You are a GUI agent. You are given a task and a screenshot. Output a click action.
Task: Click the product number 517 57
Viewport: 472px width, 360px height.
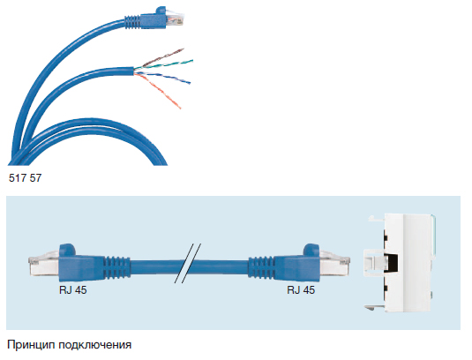click(x=25, y=178)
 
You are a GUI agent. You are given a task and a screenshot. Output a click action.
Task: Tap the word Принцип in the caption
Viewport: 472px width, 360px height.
click(x=31, y=345)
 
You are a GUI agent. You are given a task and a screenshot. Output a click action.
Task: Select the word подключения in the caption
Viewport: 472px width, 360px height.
click(x=94, y=345)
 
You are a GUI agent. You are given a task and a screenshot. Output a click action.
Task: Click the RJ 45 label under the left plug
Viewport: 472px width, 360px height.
click(x=73, y=290)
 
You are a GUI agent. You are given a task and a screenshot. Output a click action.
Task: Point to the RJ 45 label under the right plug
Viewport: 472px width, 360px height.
click(x=301, y=290)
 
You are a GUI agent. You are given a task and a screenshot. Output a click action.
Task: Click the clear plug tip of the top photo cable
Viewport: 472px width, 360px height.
click(x=175, y=19)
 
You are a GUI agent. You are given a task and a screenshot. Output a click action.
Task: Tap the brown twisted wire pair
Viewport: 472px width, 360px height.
click(x=162, y=57)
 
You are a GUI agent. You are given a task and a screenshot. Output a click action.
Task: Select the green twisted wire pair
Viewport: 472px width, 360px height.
click(x=164, y=64)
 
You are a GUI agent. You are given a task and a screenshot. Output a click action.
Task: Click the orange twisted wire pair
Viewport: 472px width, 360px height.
click(x=158, y=90)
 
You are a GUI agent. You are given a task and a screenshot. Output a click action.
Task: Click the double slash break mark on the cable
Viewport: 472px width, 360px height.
click(x=188, y=263)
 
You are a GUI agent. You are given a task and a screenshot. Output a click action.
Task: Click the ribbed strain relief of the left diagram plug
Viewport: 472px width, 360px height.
click(x=116, y=266)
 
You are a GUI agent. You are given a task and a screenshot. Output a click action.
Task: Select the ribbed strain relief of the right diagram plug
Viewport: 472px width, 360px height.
click(x=261, y=266)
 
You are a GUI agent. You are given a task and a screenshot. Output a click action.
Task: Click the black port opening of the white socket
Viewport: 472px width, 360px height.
click(x=391, y=263)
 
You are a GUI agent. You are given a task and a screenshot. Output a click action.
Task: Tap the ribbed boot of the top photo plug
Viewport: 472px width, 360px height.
click(x=132, y=22)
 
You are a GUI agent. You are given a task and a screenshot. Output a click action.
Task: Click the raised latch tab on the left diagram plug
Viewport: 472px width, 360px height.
click(x=67, y=249)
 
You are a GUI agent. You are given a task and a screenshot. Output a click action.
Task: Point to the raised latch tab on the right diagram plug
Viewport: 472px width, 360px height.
click(x=311, y=249)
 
